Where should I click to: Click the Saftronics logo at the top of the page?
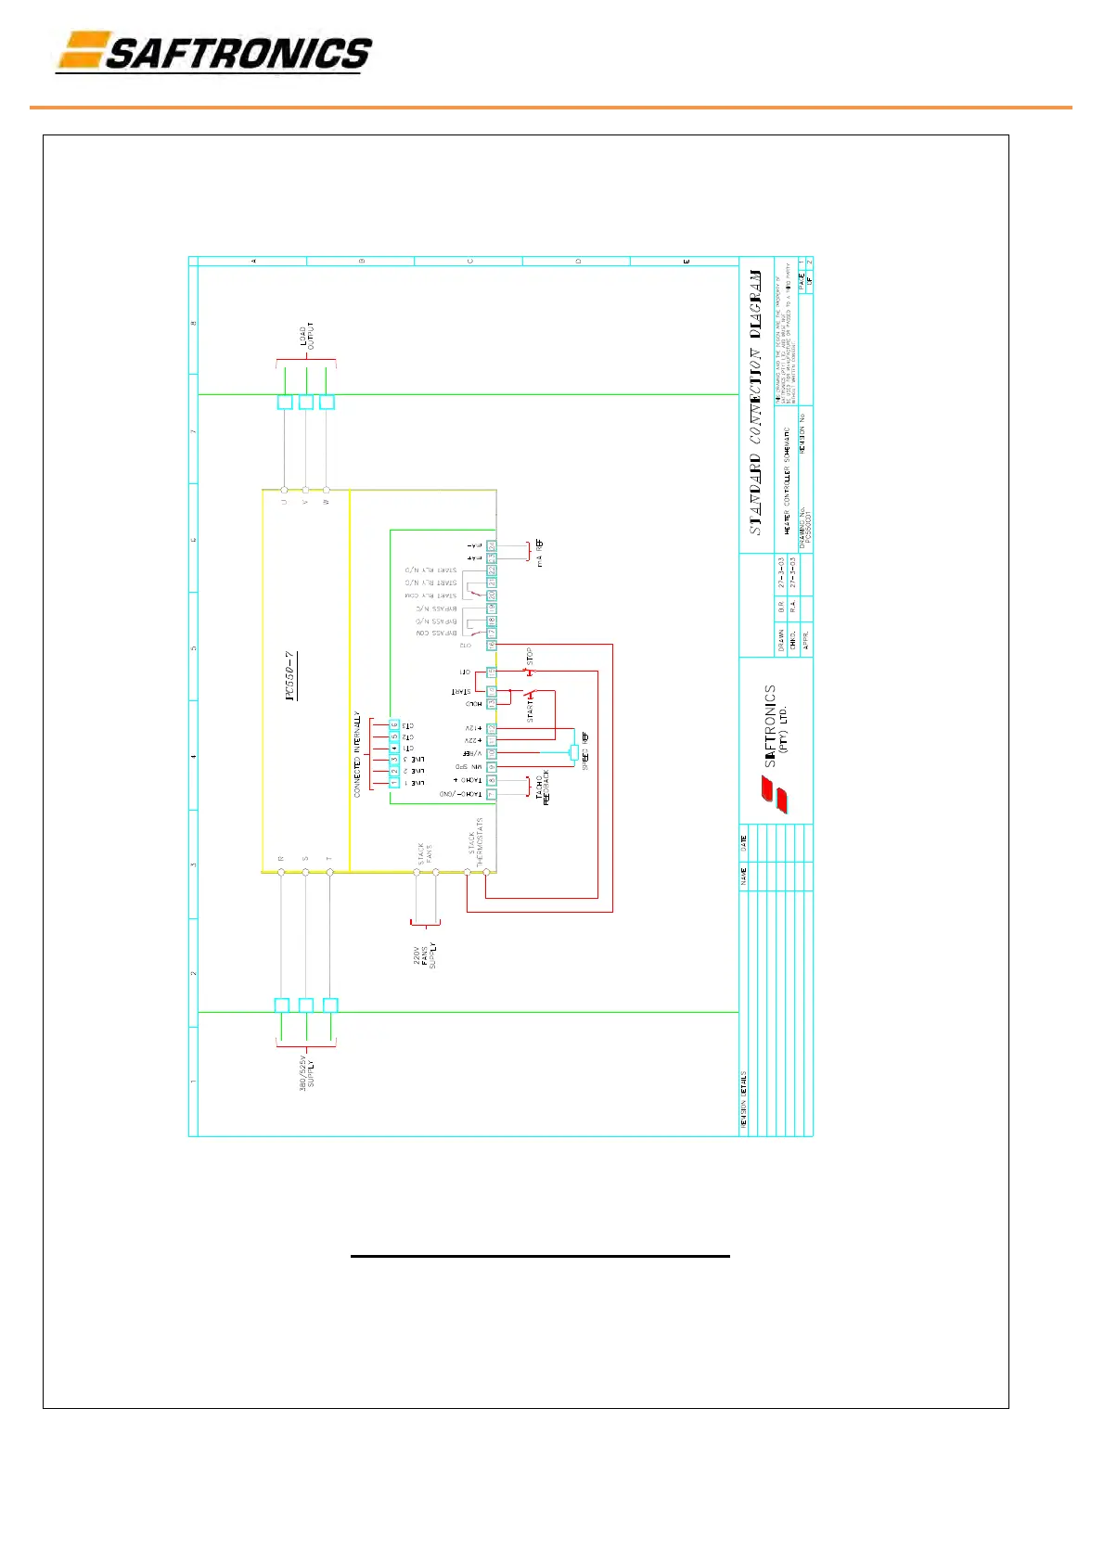(214, 52)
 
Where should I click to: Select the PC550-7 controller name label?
(290, 676)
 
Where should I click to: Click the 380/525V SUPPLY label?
(306, 1070)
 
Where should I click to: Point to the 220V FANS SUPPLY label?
(424, 955)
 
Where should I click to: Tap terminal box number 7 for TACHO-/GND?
(492, 794)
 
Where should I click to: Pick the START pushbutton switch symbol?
(530, 693)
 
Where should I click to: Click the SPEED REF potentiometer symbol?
(574, 751)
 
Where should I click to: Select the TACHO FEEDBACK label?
(543, 787)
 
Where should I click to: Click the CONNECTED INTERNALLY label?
(357, 754)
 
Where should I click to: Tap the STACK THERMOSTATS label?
(476, 841)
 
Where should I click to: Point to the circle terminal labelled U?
(284, 490)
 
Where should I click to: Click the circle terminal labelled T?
(329, 872)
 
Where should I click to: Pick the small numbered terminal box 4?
(394, 748)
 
